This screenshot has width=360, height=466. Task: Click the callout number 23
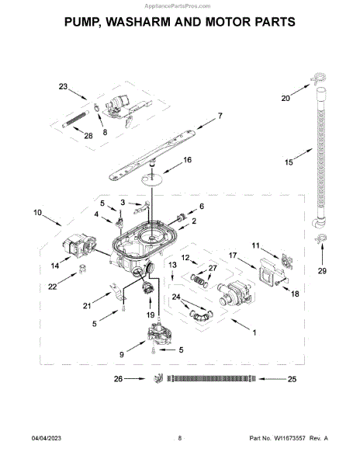[x=63, y=86]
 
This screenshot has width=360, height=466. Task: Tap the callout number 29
[x=322, y=271]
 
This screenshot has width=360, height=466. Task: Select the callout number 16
[x=187, y=160]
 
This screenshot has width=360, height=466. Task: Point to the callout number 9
[x=122, y=355]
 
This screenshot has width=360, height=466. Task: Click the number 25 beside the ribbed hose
[x=292, y=379]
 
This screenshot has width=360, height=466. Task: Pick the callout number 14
[x=55, y=266]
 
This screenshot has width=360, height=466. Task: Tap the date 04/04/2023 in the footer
[x=47, y=438]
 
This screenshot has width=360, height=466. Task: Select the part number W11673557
[x=289, y=438]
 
